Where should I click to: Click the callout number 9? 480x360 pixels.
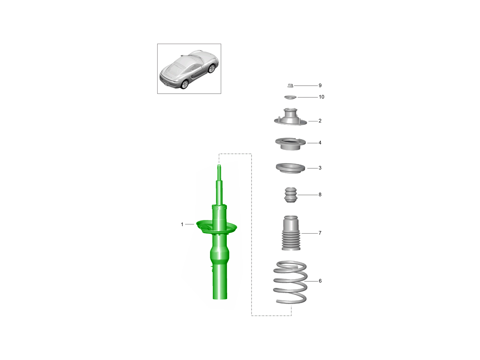(x=320, y=86)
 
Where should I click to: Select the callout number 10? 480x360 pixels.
(x=321, y=97)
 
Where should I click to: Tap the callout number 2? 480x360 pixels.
(x=320, y=121)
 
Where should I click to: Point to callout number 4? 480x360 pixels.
(x=320, y=143)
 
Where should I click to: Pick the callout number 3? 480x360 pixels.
(x=320, y=168)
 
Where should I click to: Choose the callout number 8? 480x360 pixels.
(x=320, y=194)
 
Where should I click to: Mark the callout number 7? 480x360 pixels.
(x=320, y=233)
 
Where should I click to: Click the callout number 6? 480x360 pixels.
(x=320, y=281)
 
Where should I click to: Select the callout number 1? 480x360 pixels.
(x=182, y=224)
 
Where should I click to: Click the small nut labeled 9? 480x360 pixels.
(x=290, y=86)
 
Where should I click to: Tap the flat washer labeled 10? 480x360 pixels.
(x=290, y=97)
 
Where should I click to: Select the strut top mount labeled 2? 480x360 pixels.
(x=290, y=118)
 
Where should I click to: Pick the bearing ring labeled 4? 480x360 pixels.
(x=290, y=144)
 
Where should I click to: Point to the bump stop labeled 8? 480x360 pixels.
(x=291, y=195)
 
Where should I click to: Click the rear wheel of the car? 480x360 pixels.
(x=185, y=84)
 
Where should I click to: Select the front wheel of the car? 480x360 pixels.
(x=212, y=68)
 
